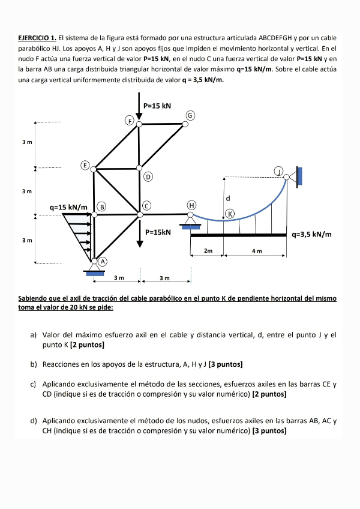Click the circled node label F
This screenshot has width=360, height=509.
tap(128, 120)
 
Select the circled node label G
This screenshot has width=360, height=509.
tap(190, 115)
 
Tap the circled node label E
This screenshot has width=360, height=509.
tap(85, 164)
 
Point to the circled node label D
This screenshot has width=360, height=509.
tap(148, 176)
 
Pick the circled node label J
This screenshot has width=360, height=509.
tap(278, 171)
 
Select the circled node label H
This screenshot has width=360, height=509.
tap(191, 205)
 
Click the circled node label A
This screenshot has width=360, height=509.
tap(103, 262)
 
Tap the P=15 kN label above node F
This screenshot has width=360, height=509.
tap(157, 106)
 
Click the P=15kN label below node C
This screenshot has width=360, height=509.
tap(158, 232)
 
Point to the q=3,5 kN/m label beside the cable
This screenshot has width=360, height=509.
tap(311, 235)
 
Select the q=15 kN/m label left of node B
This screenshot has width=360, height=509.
tap(68, 207)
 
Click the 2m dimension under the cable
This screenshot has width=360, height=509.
tap(208, 250)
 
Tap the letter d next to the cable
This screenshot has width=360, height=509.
tap(228, 197)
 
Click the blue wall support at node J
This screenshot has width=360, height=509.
tap(299, 175)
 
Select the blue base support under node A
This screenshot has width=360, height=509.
tap(95, 273)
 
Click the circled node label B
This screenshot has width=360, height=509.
tap(102, 206)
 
